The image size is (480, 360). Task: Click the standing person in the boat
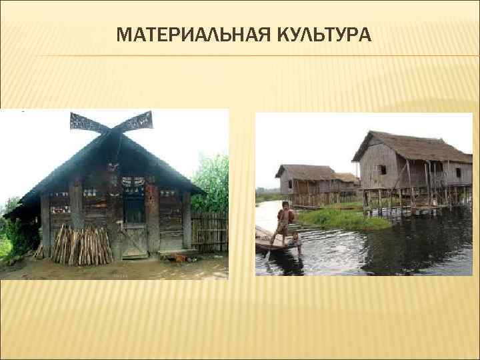tap(285, 220)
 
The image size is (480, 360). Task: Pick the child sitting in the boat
tap(296, 241)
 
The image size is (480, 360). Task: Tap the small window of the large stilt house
tap(383, 170)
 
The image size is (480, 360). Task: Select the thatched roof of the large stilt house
tap(410, 147)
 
